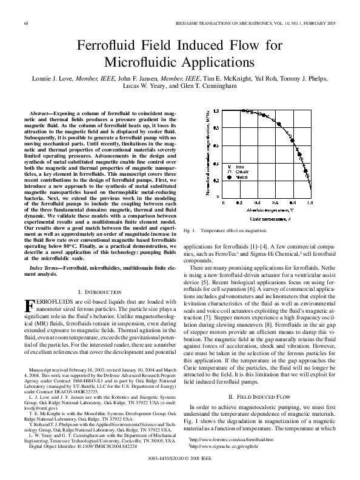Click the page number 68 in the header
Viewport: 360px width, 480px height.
(x=26, y=22)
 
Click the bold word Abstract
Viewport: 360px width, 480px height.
(x=41, y=114)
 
